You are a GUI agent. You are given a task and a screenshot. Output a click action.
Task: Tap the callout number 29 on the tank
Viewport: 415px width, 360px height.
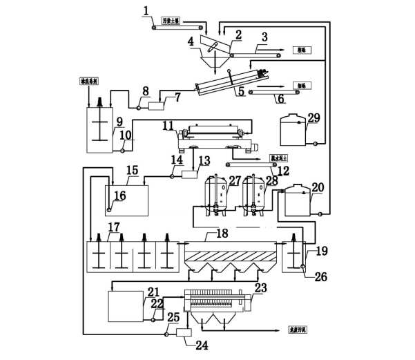[313, 118]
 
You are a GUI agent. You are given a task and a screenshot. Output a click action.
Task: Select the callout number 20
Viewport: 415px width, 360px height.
[318, 187]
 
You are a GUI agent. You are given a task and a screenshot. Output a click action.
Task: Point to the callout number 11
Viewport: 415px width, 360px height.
[168, 126]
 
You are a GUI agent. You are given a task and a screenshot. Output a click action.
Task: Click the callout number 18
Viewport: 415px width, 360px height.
[222, 233]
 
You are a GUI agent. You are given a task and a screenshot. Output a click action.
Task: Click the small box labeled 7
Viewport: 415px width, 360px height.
[155, 106]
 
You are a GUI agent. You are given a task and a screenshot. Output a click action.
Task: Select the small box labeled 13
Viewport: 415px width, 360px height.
[189, 176]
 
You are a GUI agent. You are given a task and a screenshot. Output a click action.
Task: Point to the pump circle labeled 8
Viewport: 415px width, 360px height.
[138, 106]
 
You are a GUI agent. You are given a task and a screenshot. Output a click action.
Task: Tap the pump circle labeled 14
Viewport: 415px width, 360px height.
[171, 176]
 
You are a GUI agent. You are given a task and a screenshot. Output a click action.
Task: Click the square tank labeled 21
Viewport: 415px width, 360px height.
[124, 305]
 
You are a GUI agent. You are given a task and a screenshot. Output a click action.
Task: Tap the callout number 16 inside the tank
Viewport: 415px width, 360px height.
[120, 196]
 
